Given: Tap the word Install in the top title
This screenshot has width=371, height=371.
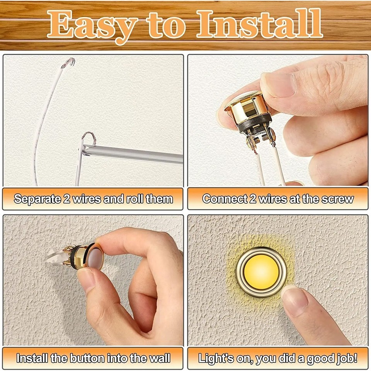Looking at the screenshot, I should pos(259,24).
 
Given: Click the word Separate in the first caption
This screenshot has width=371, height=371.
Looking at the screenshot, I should pos(37,199).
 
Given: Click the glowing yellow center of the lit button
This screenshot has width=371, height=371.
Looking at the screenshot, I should pos(261,272).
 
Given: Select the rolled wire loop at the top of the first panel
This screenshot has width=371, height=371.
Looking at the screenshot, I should pos(68,62).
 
